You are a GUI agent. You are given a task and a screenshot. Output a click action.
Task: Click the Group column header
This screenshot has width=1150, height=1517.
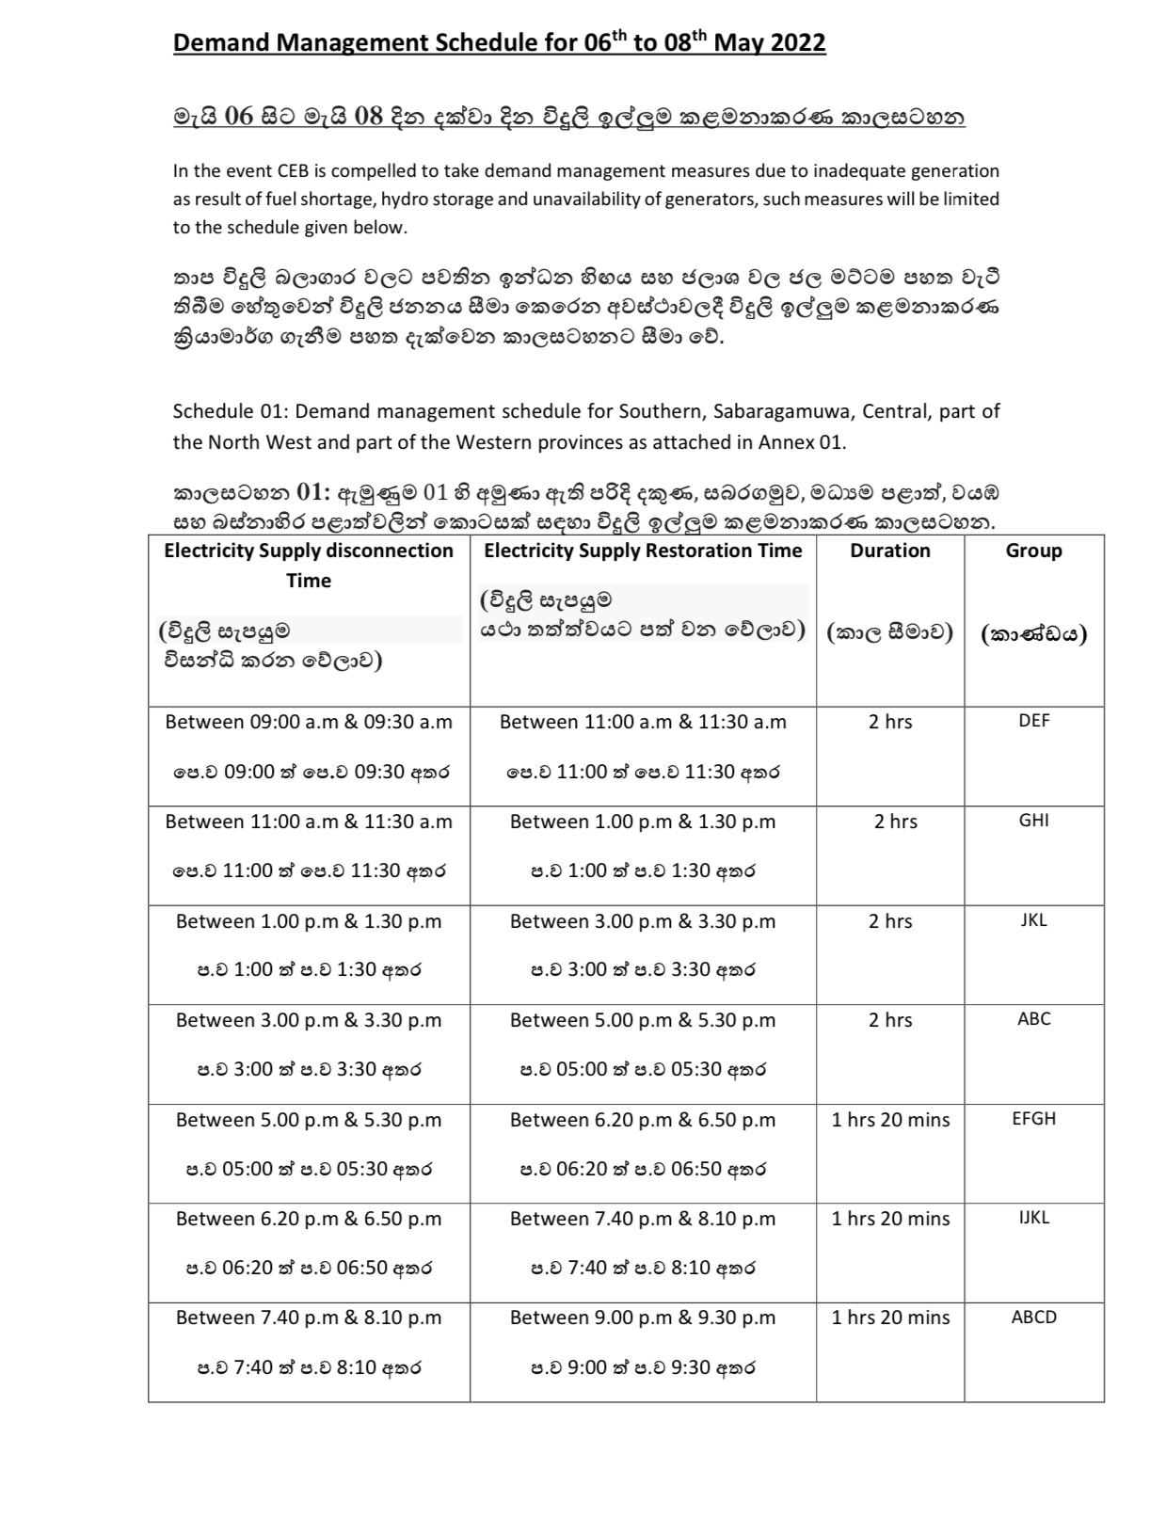tap(1033, 551)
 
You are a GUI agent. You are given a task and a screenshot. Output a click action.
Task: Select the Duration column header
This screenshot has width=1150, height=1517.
tap(889, 551)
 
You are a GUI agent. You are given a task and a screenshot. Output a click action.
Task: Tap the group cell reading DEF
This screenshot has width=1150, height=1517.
tap(1033, 721)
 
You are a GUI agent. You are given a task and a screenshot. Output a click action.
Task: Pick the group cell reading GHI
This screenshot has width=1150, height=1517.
tap(1033, 821)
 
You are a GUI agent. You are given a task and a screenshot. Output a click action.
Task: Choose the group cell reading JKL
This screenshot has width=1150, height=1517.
tap(1033, 920)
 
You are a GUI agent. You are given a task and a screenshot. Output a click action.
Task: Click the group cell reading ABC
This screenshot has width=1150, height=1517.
tap(1033, 1019)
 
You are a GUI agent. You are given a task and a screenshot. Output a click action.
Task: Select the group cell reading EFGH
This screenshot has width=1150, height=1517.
tap(1033, 1119)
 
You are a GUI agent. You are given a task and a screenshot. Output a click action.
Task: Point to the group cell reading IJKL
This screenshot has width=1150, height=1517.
tap(1033, 1218)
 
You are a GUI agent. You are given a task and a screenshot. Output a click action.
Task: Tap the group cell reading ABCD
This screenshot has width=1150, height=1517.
tap(1033, 1317)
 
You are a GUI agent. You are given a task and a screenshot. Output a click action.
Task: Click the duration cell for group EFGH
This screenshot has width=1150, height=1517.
tap(890, 1120)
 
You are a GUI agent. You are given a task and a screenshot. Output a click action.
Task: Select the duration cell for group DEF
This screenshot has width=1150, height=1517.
tap(890, 722)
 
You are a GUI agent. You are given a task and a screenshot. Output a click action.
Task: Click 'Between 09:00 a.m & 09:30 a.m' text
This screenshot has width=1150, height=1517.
tap(309, 722)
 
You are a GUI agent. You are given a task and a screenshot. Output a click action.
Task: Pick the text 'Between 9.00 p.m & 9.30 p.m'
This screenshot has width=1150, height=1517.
tap(643, 1317)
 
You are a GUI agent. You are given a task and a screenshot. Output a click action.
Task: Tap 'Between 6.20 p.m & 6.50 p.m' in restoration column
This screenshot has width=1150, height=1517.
tap(643, 1120)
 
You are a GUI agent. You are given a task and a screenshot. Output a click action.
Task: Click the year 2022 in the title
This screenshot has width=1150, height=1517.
tap(795, 43)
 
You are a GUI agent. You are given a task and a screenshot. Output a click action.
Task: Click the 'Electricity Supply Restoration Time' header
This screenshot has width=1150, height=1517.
tap(643, 551)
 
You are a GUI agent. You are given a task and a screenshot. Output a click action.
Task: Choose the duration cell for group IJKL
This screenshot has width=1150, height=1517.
tap(890, 1219)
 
